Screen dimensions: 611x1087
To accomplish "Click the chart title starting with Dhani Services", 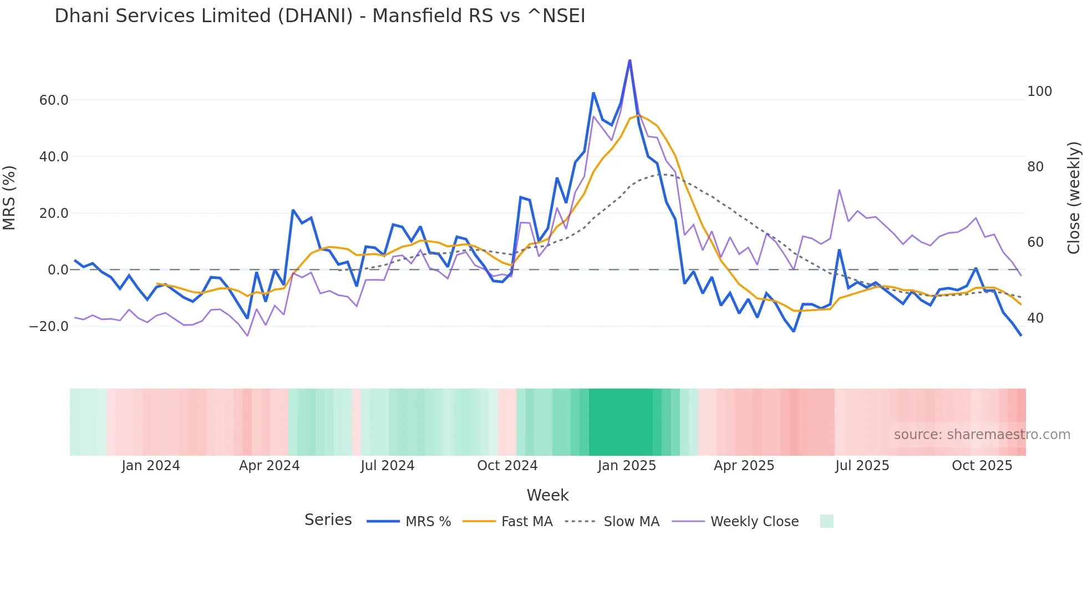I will pyautogui.click(x=319, y=16).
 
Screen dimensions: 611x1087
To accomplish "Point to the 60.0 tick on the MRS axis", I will pyautogui.click(x=54, y=100).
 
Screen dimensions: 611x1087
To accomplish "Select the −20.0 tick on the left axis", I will pyautogui.click(x=49, y=327).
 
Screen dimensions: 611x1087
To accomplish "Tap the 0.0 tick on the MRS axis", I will pyautogui.click(x=58, y=270).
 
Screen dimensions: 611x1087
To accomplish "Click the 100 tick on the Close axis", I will pyautogui.click(x=1039, y=91).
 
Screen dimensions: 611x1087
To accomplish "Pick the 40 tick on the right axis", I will pyautogui.click(x=1035, y=318).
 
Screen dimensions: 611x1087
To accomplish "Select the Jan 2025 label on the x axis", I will pyautogui.click(x=627, y=466).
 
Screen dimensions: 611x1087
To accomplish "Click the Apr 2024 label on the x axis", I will pyautogui.click(x=269, y=466).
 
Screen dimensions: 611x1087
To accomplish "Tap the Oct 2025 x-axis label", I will pyautogui.click(x=982, y=466).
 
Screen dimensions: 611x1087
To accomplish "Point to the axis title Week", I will pyautogui.click(x=547, y=495).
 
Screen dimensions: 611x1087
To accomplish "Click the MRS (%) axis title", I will pyautogui.click(x=9, y=198).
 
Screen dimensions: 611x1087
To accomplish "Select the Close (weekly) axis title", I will pyautogui.click(x=1074, y=198).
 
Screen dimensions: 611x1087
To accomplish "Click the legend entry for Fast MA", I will pyautogui.click(x=526, y=522).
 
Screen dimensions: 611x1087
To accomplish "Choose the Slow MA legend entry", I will pyautogui.click(x=631, y=522).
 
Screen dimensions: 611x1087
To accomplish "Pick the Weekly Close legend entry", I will pyautogui.click(x=754, y=522).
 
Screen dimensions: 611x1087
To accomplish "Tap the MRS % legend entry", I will pyautogui.click(x=428, y=522).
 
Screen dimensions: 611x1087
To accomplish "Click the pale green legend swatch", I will pyautogui.click(x=826, y=521).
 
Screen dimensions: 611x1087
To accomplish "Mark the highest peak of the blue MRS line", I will pyautogui.click(x=629, y=60).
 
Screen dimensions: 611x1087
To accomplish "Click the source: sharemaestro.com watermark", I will pyautogui.click(x=982, y=435).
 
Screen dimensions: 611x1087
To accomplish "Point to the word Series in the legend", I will pyautogui.click(x=328, y=520).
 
